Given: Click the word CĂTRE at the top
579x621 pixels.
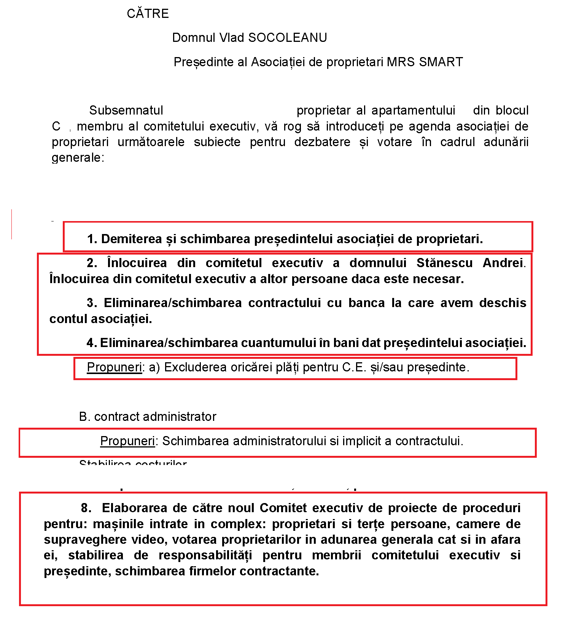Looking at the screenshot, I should point(148,14).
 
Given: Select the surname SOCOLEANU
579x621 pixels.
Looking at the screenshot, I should point(288,38).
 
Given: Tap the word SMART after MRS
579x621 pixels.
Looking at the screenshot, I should point(441,62).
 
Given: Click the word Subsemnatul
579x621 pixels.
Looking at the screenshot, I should point(126,110).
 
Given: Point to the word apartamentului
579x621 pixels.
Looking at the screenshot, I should point(413,110).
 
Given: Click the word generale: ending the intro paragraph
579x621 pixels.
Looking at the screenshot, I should point(78,158).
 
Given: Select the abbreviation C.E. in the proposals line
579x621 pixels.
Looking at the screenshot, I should point(354,367).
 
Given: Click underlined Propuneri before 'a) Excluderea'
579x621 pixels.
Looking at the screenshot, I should point(114,367).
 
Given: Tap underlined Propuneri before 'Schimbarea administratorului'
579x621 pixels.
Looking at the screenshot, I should point(127,441).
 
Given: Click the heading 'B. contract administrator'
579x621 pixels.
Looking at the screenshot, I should point(148,417).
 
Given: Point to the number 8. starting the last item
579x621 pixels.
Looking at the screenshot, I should point(86,508).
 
